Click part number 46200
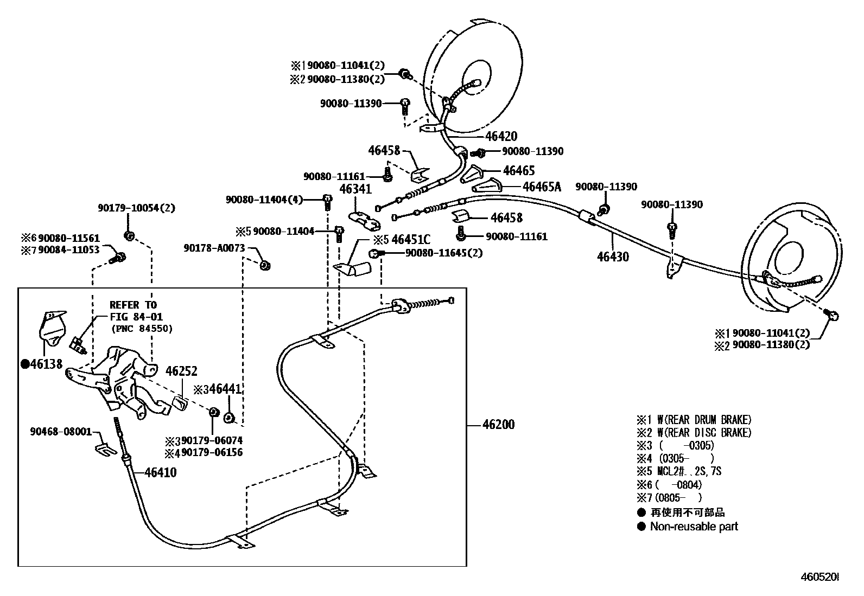point(498,424)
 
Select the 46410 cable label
point(160,472)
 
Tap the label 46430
point(613,257)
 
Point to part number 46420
point(501,136)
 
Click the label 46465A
point(541,187)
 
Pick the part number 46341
point(355,189)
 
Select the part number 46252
point(181,371)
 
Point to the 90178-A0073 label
point(214,248)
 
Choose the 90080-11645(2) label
point(443,253)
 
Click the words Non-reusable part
point(694,526)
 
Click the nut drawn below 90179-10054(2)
point(129,235)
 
